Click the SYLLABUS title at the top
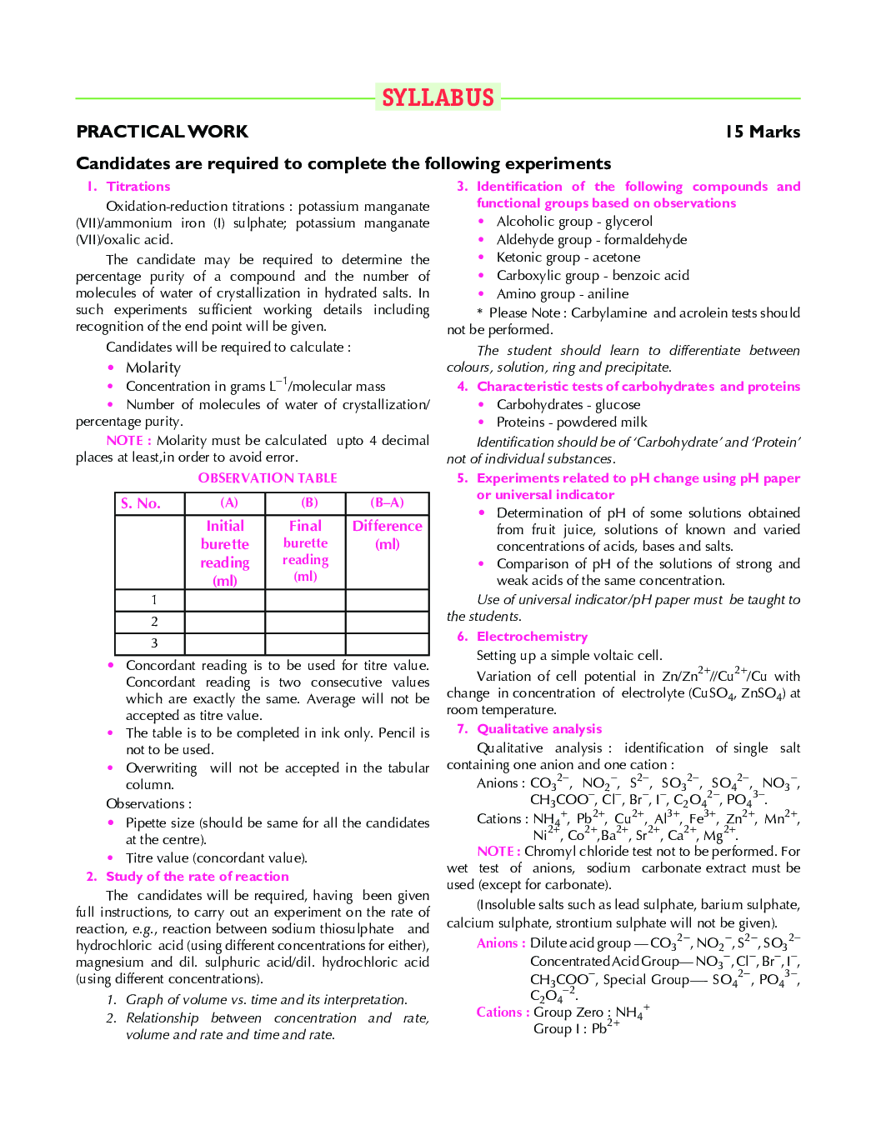(x=438, y=97)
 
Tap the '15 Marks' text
(x=762, y=132)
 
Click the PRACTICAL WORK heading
(x=162, y=132)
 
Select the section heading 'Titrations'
(x=138, y=187)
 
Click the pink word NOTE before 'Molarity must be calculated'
(x=128, y=440)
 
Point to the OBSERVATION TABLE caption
(x=268, y=478)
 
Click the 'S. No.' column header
(x=141, y=503)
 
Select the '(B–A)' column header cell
(x=387, y=502)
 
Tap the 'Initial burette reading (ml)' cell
(x=225, y=552)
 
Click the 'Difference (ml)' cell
(x=387, y=535)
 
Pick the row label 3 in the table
(x=154, y=643)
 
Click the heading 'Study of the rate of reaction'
(x=198, y=877)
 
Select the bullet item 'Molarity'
(x=153, y=367)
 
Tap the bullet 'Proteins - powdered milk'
(x=571, y=422)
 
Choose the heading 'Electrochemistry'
(x=532, y=637)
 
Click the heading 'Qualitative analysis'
(x=539, y=729)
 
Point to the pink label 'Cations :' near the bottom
(x=503, y=1012)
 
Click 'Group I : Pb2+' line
(x=575, y=1028)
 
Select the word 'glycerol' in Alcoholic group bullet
(x=628, y=222)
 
